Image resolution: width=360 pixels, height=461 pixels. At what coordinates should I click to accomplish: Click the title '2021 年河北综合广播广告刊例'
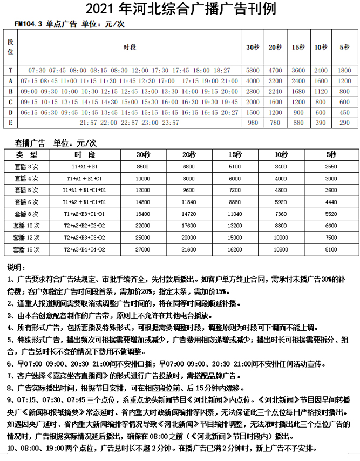[180, 9]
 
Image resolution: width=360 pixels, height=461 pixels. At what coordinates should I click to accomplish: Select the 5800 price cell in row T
[253, 71]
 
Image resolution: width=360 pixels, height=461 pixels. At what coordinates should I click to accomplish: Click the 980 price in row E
[253, 123]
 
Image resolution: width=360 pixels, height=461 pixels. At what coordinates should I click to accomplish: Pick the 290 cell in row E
[344, 123]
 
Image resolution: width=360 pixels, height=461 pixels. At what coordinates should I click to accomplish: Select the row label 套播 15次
[26, 249]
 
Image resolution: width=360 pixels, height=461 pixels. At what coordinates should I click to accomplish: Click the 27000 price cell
[142, 249]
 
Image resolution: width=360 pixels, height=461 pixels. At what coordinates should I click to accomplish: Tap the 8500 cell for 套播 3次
[142, 167]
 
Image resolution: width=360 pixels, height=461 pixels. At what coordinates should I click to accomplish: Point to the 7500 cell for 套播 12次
[331, 238]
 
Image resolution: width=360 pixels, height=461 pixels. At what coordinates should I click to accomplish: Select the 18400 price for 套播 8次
[142, 214]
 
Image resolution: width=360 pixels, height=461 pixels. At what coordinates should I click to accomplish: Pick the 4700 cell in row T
[276, 71]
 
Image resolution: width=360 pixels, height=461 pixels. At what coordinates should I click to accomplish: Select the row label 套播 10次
[26, 226]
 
